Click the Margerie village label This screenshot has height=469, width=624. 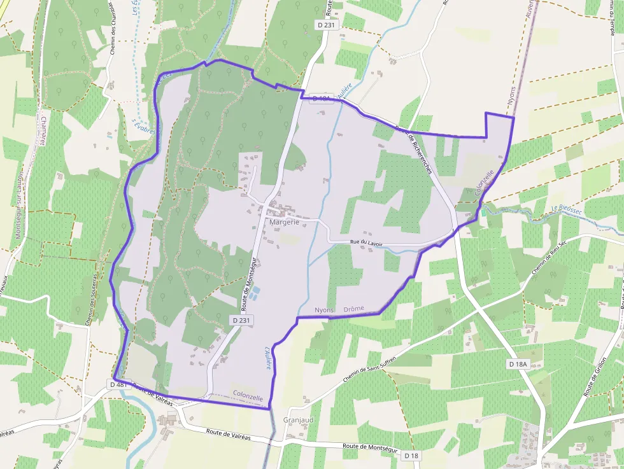(x=284, y=222)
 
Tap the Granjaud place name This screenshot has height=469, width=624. (x=299, y=421)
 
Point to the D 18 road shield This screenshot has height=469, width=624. (x=411, y=456)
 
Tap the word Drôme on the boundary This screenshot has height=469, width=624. (x=353, y=309)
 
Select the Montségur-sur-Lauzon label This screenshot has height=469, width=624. (x=19, y=204)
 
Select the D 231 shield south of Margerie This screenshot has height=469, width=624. (x=240, y=320)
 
